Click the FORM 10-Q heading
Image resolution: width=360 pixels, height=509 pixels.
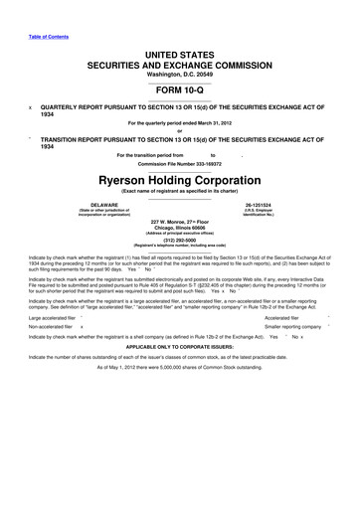click(x=180, y=85)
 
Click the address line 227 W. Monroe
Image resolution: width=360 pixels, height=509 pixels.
click(x=180, y=221)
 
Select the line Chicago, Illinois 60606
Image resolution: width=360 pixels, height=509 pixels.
click(x=180, y=228)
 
